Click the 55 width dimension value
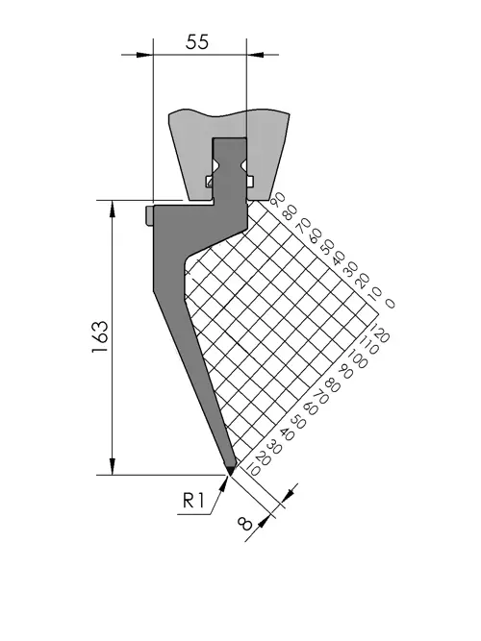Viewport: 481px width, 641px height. pos(197,41)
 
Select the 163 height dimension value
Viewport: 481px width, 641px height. pos(101,337)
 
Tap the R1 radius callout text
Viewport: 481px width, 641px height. pos(193,500)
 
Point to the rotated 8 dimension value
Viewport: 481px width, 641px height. pos(244,524)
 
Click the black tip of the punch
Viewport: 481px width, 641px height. pos(230,469)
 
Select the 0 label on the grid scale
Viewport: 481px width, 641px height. pos(390,304)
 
